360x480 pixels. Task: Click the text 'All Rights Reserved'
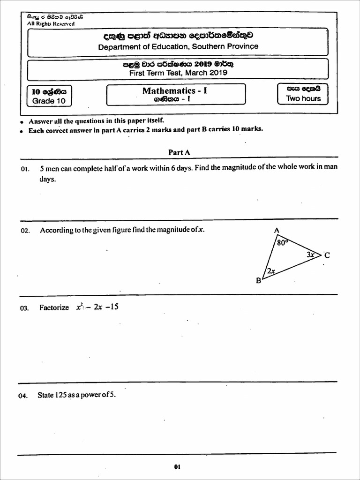pyautogui.click(x=51, y=23)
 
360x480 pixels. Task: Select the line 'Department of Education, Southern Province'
pyautogui.click(x=178, y=46)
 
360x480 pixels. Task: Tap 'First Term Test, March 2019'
pyautogui.click(x=178, y=73)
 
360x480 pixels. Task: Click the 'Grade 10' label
pyautogui.click(x=49, y=101)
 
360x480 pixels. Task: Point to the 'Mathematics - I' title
pyautogui.click(x=175, y=90)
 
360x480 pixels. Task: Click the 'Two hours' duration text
pyautogui.click(x=303, y=98)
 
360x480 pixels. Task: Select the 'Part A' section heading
pyautogui.click(x=179, y=152)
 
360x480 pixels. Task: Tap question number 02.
pyautogui.click(x=25, y=230)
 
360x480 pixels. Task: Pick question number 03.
pyautogui.click(x=25, y=308)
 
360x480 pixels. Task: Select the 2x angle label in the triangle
pyautogui.click(x=271, y=271)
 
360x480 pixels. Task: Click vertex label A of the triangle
pyautogui.click(x=276, y=230)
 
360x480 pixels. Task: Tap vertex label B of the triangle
pyautogui.click(x=258, y=281)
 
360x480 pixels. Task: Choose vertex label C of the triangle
pyautogui.click(x=327, y=255)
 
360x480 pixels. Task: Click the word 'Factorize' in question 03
pyautogui.click(x=54, y=308)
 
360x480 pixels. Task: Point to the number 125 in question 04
pyautogui.click(x=61, y=395)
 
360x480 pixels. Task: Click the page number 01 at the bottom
pyautogui.click(x=177, y=467)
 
